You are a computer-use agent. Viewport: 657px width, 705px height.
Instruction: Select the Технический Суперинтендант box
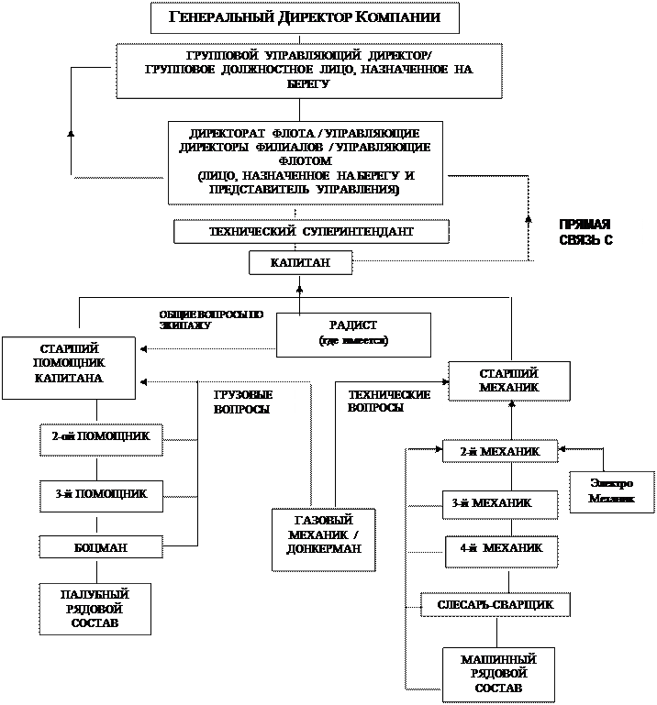[311, 232]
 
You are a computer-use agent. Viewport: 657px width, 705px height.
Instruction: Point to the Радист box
[353, 334]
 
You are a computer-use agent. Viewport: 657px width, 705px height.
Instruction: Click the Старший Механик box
[509, 380]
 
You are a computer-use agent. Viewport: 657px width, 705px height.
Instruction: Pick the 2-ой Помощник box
[101, 438]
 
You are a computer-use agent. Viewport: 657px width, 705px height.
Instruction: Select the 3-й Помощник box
[101, 495]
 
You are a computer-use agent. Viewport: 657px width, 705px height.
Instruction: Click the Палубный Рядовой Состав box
[95, 609]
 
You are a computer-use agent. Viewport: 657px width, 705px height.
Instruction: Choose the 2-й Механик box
[501, 451]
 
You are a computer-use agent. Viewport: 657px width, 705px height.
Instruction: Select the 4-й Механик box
[501, 548]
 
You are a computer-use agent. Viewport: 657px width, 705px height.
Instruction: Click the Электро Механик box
[611, 491]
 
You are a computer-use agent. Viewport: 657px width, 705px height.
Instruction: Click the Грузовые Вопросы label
[250, 402]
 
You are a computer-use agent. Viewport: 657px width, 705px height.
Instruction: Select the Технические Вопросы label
[391, 402]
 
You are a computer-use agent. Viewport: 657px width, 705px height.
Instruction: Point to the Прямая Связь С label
[596, 232]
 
